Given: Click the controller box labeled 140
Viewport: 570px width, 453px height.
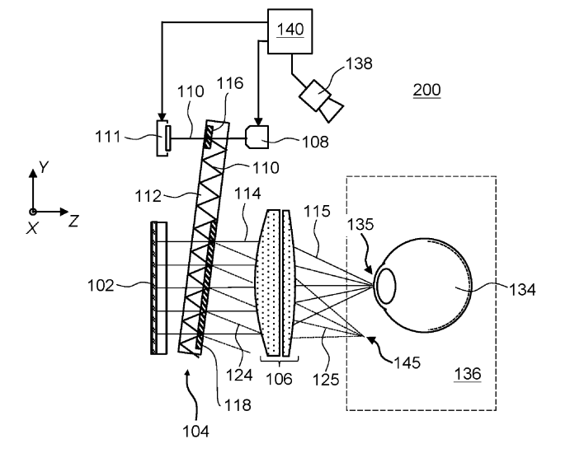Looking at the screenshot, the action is coord(290,31).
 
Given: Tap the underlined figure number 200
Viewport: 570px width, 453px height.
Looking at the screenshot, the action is coord(426,90).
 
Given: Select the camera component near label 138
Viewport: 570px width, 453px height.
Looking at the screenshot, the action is coord(321,100).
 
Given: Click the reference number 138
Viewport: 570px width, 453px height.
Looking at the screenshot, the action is coord(359,63).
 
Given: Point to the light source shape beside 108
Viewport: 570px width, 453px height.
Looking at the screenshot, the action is coord(257,138).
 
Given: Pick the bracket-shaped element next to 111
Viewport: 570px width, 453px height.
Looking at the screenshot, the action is coord(163,138).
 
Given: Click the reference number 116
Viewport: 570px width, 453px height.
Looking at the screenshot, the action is coord(230,83).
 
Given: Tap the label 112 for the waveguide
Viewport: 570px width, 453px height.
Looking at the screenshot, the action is coord(148,196).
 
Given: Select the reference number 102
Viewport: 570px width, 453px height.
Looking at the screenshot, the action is coord(101,286).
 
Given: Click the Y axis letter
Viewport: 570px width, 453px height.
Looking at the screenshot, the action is coord(44,167).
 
